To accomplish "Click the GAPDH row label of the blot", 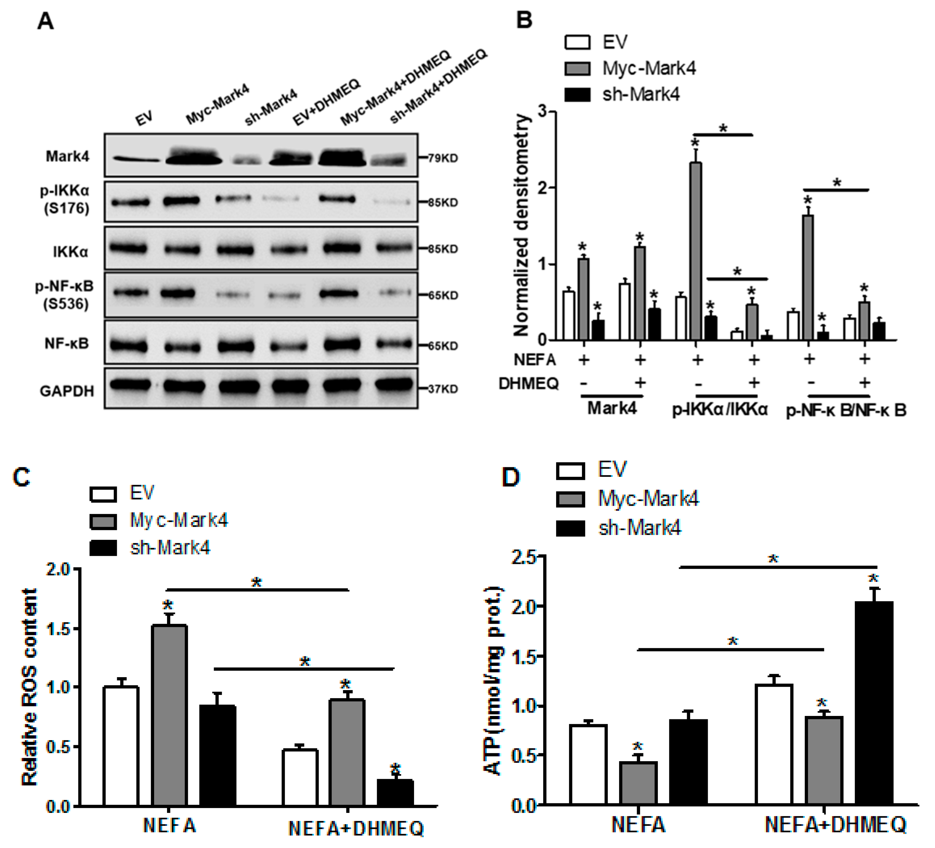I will coord(67,391).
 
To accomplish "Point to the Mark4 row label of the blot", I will coord(67,156).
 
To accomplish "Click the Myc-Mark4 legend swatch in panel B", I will coord(577,69).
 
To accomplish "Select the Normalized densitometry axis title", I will coord(522,225).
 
